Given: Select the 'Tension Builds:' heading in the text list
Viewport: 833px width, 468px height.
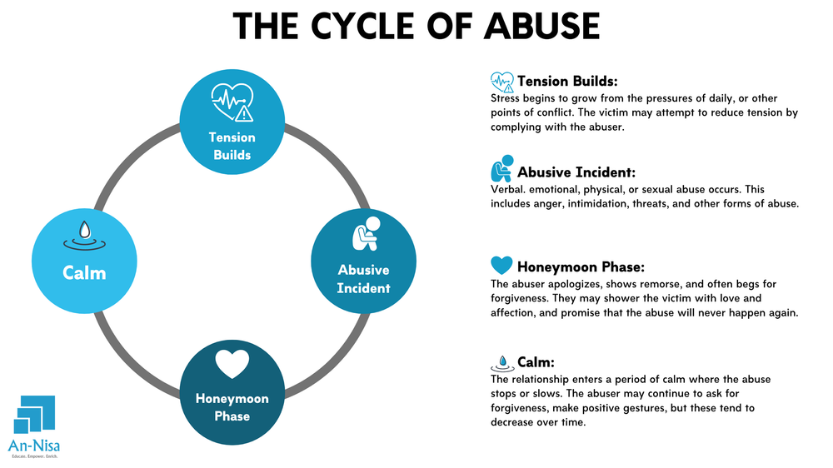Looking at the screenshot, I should click(x=566, y=82).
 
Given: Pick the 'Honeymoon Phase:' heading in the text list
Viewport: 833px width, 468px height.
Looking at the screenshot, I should click(x=581, y=267).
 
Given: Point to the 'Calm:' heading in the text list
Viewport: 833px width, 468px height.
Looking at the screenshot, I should click(x=536, y=362).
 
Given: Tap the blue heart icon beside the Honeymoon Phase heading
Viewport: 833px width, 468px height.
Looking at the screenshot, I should click(x=501, y=266).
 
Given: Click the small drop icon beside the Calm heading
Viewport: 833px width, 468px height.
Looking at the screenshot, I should click(x=501, y=362).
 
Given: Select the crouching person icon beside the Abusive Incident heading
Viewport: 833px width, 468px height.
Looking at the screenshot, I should click(x=501, y=170).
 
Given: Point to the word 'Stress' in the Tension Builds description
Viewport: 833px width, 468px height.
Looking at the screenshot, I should click(x=508, y=97).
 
